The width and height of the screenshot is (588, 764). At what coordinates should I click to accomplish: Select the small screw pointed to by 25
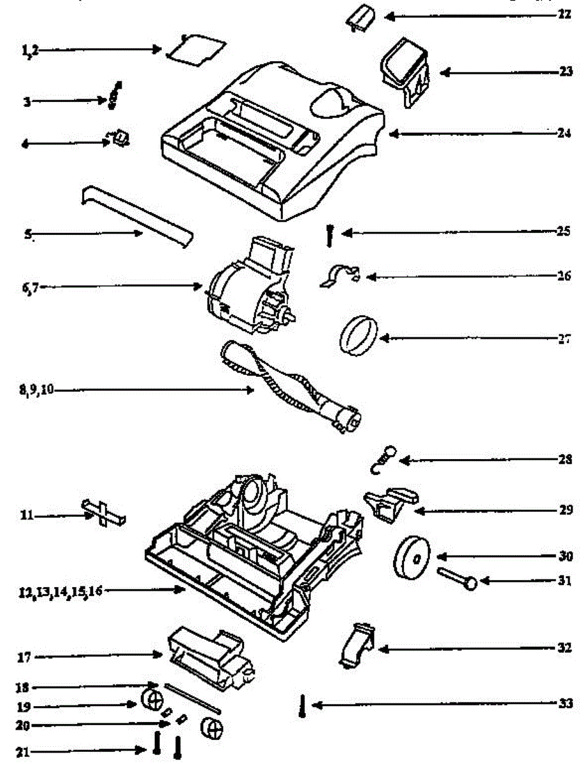330,235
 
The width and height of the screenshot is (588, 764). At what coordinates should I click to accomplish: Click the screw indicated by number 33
303,706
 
